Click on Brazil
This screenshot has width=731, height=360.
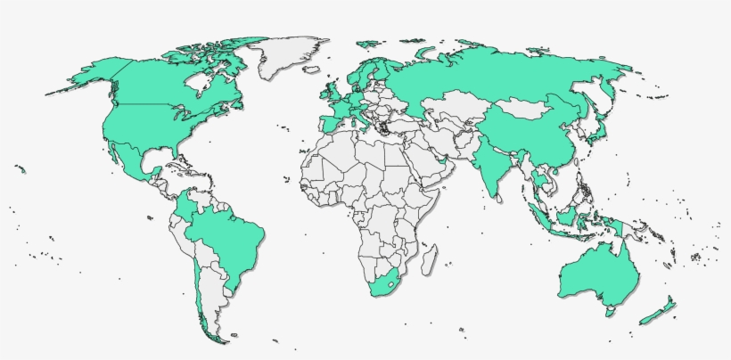click(232, 236)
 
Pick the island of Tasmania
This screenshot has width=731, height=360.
click(609, 312)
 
